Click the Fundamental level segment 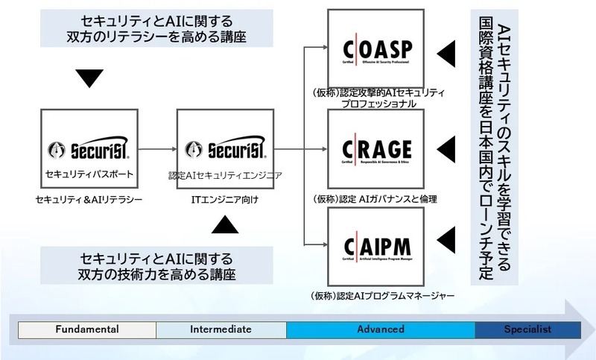point(86,329)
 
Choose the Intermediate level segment point(221,329)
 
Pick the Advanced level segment point(380,329)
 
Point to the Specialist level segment point(527,329)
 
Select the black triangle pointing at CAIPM point(446,241)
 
